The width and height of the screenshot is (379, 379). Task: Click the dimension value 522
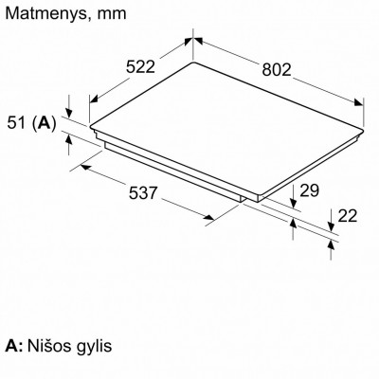click(x=140, y=67)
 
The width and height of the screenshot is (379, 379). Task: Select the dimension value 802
click(x=277, y=69)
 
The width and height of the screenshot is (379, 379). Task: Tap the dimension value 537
click(x=143, y=192)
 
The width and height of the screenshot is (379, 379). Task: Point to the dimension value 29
click(x=309, y=190)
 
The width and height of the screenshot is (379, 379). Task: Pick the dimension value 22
click(x=348, y=216)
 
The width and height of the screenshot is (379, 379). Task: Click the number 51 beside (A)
click(x=16, y=122)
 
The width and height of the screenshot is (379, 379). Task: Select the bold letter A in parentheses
click(x=44, y=123)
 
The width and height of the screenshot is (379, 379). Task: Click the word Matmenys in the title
click(x=45, y=13)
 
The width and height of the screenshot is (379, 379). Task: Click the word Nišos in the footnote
click(x=49, y=346)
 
